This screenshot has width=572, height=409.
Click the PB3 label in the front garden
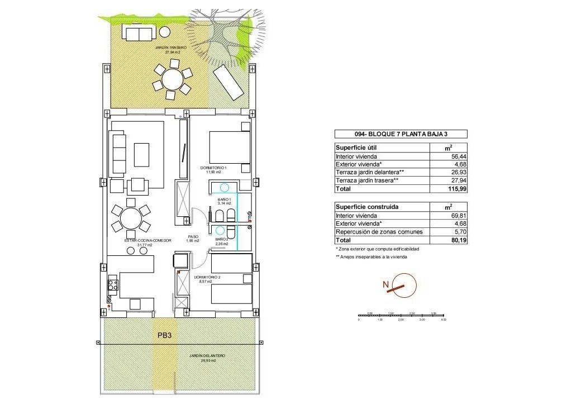pos(164,336)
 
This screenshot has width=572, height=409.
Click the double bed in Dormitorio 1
pos(229,148)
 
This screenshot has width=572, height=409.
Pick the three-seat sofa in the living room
pos(119,154)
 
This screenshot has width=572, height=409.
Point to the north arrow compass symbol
pos(403,285)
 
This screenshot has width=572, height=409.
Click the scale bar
pos(401,316)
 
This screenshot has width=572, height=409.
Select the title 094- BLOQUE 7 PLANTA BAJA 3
pos(401,134)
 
